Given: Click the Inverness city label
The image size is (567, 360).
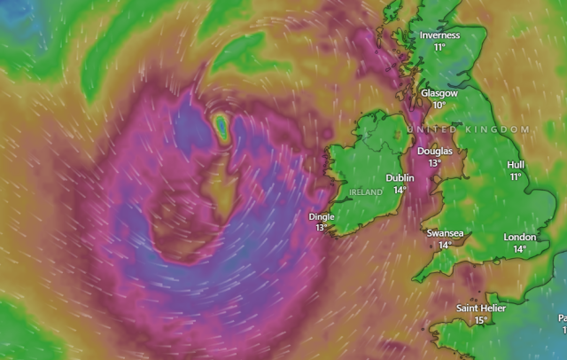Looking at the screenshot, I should click(x=440, y=35).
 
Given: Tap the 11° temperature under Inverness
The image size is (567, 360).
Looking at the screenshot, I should click(x=439, y=47).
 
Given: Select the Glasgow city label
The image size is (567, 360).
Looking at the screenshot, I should click(x=439, y=93).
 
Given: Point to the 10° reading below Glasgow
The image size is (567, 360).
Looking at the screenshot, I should click(x=439, y=105).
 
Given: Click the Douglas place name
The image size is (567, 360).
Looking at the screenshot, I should click(x=434, y=152).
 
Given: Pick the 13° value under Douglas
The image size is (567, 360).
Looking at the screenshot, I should click(x=434, y=163).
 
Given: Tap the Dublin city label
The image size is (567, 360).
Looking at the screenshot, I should click(x=400, y=178).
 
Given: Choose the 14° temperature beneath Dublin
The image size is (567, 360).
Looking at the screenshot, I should click(x=400, y=190).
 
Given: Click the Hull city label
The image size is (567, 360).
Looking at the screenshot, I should click(x=516, y=165).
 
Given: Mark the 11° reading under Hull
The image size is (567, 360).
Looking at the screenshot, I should click(x=516, y=176).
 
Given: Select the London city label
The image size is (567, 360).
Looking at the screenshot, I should click(x=520, y=238).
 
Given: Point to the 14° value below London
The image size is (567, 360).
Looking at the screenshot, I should click(x=520, y=249).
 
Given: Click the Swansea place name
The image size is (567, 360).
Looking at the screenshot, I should click(x=445, y=233).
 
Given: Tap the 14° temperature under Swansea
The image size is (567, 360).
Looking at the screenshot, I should click(x=445, y=245).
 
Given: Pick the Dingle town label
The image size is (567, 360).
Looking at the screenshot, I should click(x=322, y=216).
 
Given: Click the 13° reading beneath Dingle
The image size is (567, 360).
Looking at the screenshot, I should click(x=322, y=228).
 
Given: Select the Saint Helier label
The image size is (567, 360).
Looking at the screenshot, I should click(x=481, y=309).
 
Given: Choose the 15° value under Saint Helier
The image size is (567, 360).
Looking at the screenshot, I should click(x=481, y=320).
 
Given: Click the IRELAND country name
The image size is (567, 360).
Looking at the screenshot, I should click(x=366, y=192).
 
